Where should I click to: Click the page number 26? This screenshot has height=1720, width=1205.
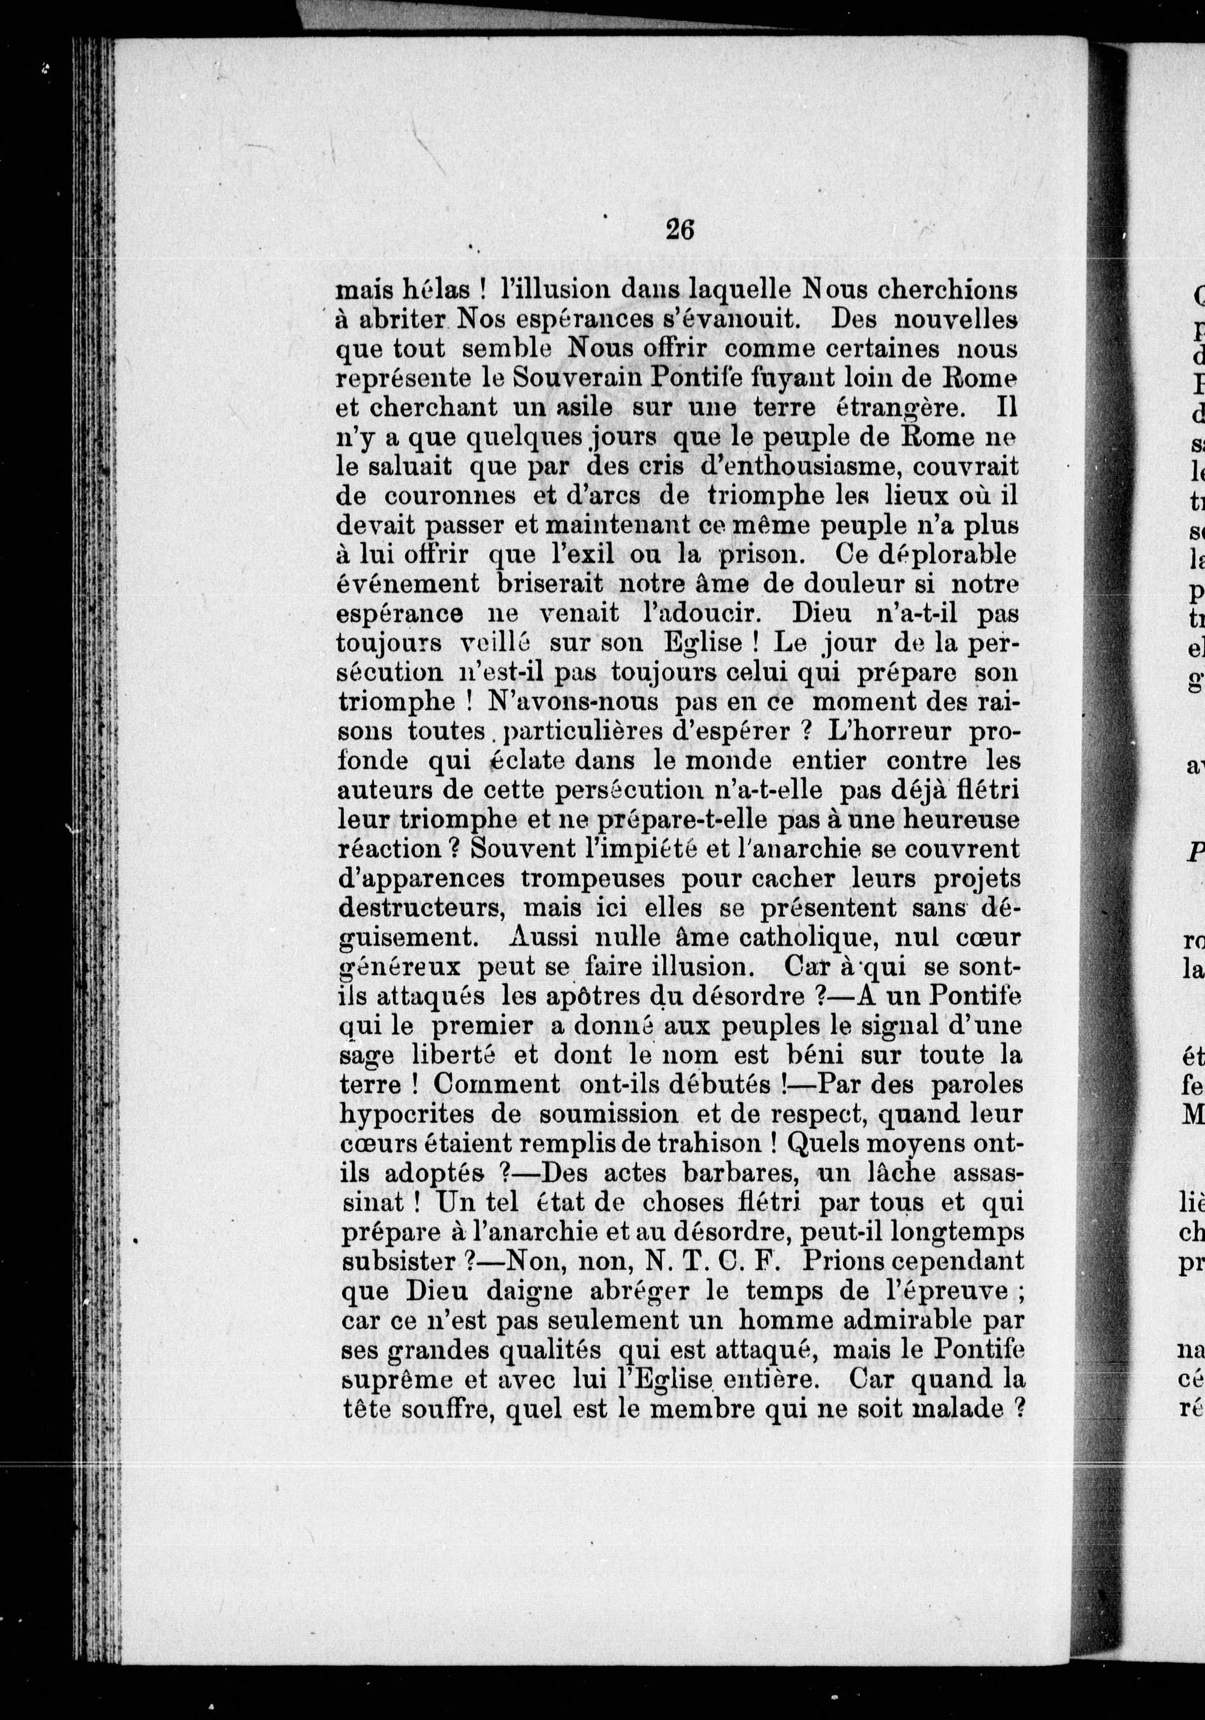pyautogui.click(x=680, y=229)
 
